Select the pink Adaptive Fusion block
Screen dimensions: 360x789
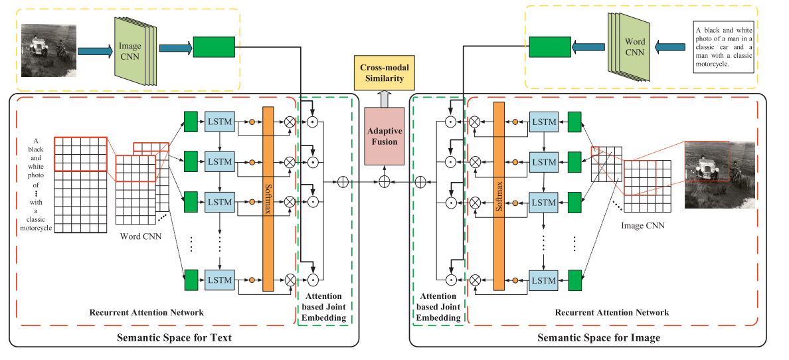tap(384, 136)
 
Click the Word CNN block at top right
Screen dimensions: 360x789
tap(634, 46)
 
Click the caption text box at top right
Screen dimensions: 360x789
tap(724, 48)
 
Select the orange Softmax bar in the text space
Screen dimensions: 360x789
tap(268, 198)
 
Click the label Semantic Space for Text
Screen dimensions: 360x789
tap(174, 338)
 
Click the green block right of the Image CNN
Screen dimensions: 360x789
tap(214, 47)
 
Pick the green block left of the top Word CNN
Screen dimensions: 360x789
tap(550, 46)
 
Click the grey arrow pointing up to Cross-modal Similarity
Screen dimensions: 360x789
tap(385, 98)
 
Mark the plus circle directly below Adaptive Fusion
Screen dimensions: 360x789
tap(384, 181)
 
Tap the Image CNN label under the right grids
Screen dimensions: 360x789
tap(642, 226)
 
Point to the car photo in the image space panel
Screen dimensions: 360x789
tap(719, 174)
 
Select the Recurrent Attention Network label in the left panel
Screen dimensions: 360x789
tap(147, 312)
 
